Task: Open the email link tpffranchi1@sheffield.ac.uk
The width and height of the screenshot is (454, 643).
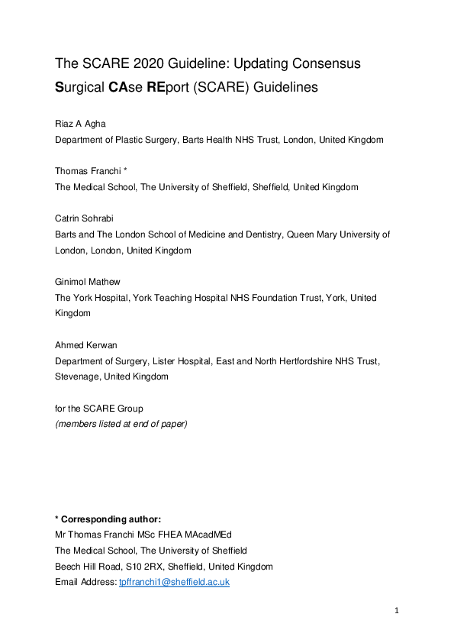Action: (174, 582)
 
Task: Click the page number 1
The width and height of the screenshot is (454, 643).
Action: (397, 610)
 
